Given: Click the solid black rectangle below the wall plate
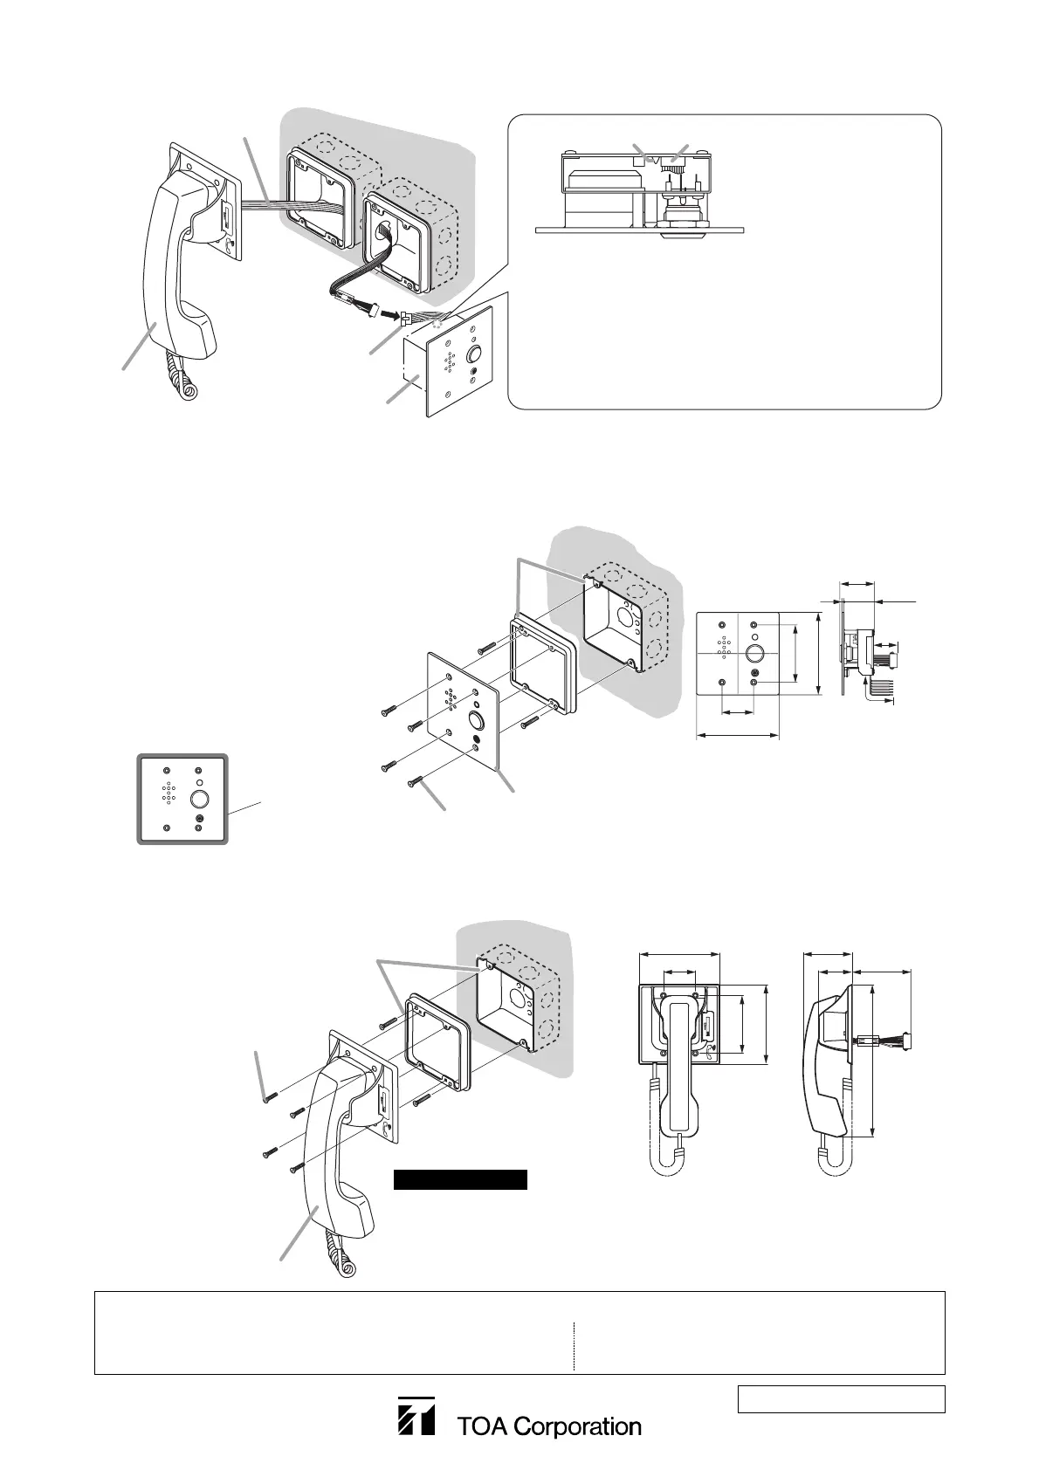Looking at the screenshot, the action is coord(460,1180).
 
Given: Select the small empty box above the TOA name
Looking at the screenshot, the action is coord(842,1398).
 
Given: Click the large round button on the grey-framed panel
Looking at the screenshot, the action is coord(200,798).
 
